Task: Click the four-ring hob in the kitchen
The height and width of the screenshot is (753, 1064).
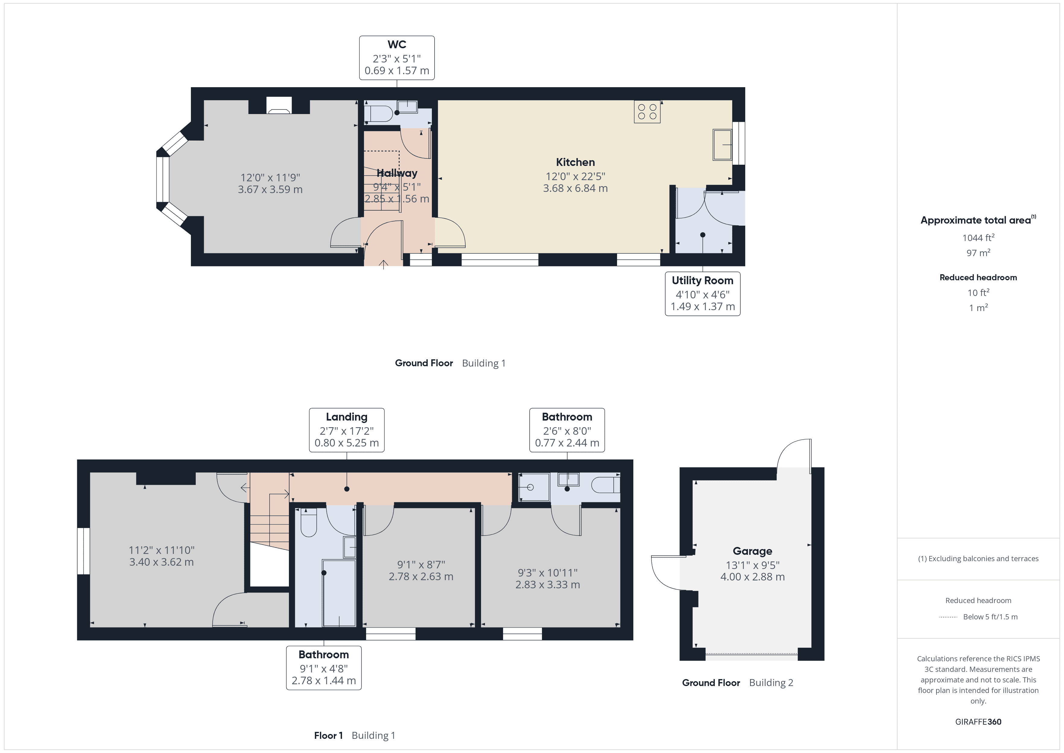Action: (x=647, y=112)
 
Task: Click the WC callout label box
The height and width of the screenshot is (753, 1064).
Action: (x=397, y=58)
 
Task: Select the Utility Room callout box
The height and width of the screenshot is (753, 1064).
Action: (x=702, y=294)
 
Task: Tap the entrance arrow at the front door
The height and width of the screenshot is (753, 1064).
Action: (x=383, y=264)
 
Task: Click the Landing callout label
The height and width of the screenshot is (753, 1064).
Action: (x=347, y=430)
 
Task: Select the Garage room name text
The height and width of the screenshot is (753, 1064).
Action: (x=752, y=551)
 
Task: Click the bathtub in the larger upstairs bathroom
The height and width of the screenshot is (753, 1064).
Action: (x=339, y=593)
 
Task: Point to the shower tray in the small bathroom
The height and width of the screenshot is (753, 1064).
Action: (x=534, y=487)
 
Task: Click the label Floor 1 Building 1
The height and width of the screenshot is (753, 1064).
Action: (x=354, y=736)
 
